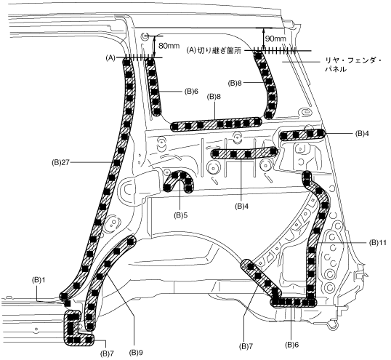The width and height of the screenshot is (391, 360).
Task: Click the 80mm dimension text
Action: (169, 46)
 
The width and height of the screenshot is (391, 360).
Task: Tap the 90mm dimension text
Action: (275, 39)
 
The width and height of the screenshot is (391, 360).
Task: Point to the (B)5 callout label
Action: (181, 215)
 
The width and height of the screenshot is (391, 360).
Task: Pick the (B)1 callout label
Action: (39, 280)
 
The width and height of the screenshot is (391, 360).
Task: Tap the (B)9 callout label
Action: (136, 353)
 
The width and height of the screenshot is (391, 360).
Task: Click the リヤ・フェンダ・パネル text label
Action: (352, 65)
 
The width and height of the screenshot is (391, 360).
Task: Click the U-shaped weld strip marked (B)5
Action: (178, 175)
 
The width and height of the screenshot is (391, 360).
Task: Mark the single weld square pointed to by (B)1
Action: (68, 303)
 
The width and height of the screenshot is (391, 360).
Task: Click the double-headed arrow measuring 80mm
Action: (155, 47)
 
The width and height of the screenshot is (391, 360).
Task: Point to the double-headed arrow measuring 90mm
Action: (263, 39)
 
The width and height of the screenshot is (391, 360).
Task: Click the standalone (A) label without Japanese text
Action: (110, 58)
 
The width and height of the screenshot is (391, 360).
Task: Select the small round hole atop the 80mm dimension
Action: (145, 36)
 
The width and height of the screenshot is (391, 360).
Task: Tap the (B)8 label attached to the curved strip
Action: (235, 83)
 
